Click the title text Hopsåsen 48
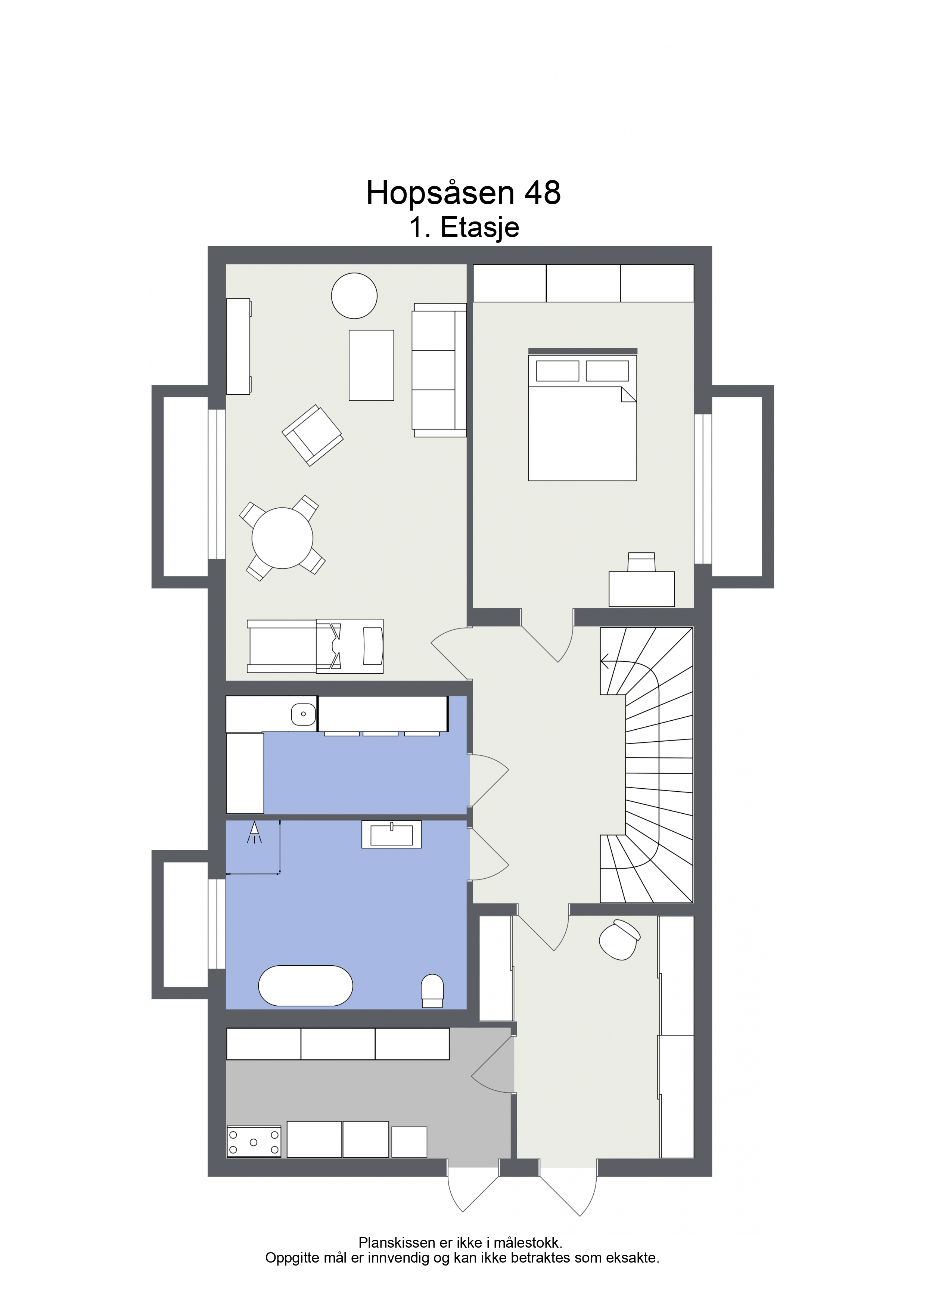[x=463, y=194]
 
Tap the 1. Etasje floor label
[x=464, y=227]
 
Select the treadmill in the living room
[x=315, y=646]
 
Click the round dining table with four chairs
[x=282, y=538]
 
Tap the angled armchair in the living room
[x=313, y=435]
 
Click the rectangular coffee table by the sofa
[x=372, y=365]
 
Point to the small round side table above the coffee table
[x=354, y=295]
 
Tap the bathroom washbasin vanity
[x=391, y=834]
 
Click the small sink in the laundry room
[x=304, y=714]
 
